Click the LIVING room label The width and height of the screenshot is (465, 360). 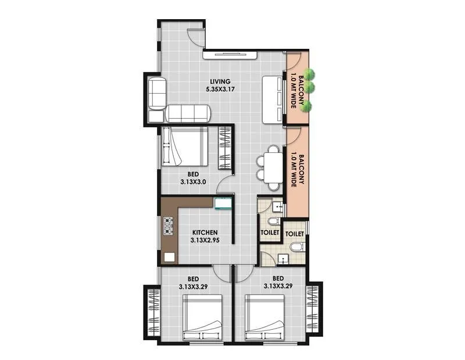(x=218, y=81)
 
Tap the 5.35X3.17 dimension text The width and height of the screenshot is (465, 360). (x=219, y=90)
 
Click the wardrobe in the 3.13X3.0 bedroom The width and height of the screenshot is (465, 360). (x=225, y=148)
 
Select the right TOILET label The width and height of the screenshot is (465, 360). (x=295, y=233)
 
